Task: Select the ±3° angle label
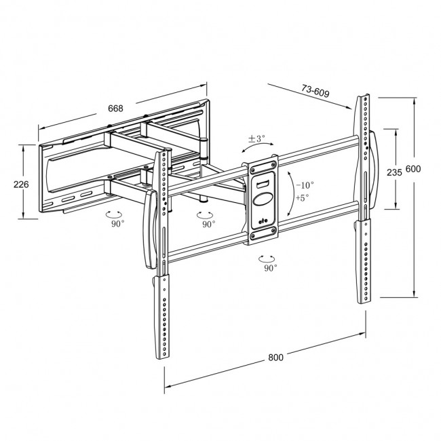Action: click(x=256, y=138)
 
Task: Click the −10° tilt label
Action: click(x=305, y=185)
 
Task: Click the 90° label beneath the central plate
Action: click(x=271, y=268)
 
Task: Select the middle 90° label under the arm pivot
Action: click(x=207, y=223)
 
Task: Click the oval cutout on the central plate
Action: click(x=264, y=200)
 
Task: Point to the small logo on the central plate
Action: click(x=264, y=219)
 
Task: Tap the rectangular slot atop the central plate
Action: click(x=264, y=181)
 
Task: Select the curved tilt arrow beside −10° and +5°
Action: click(x=291, y=192)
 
